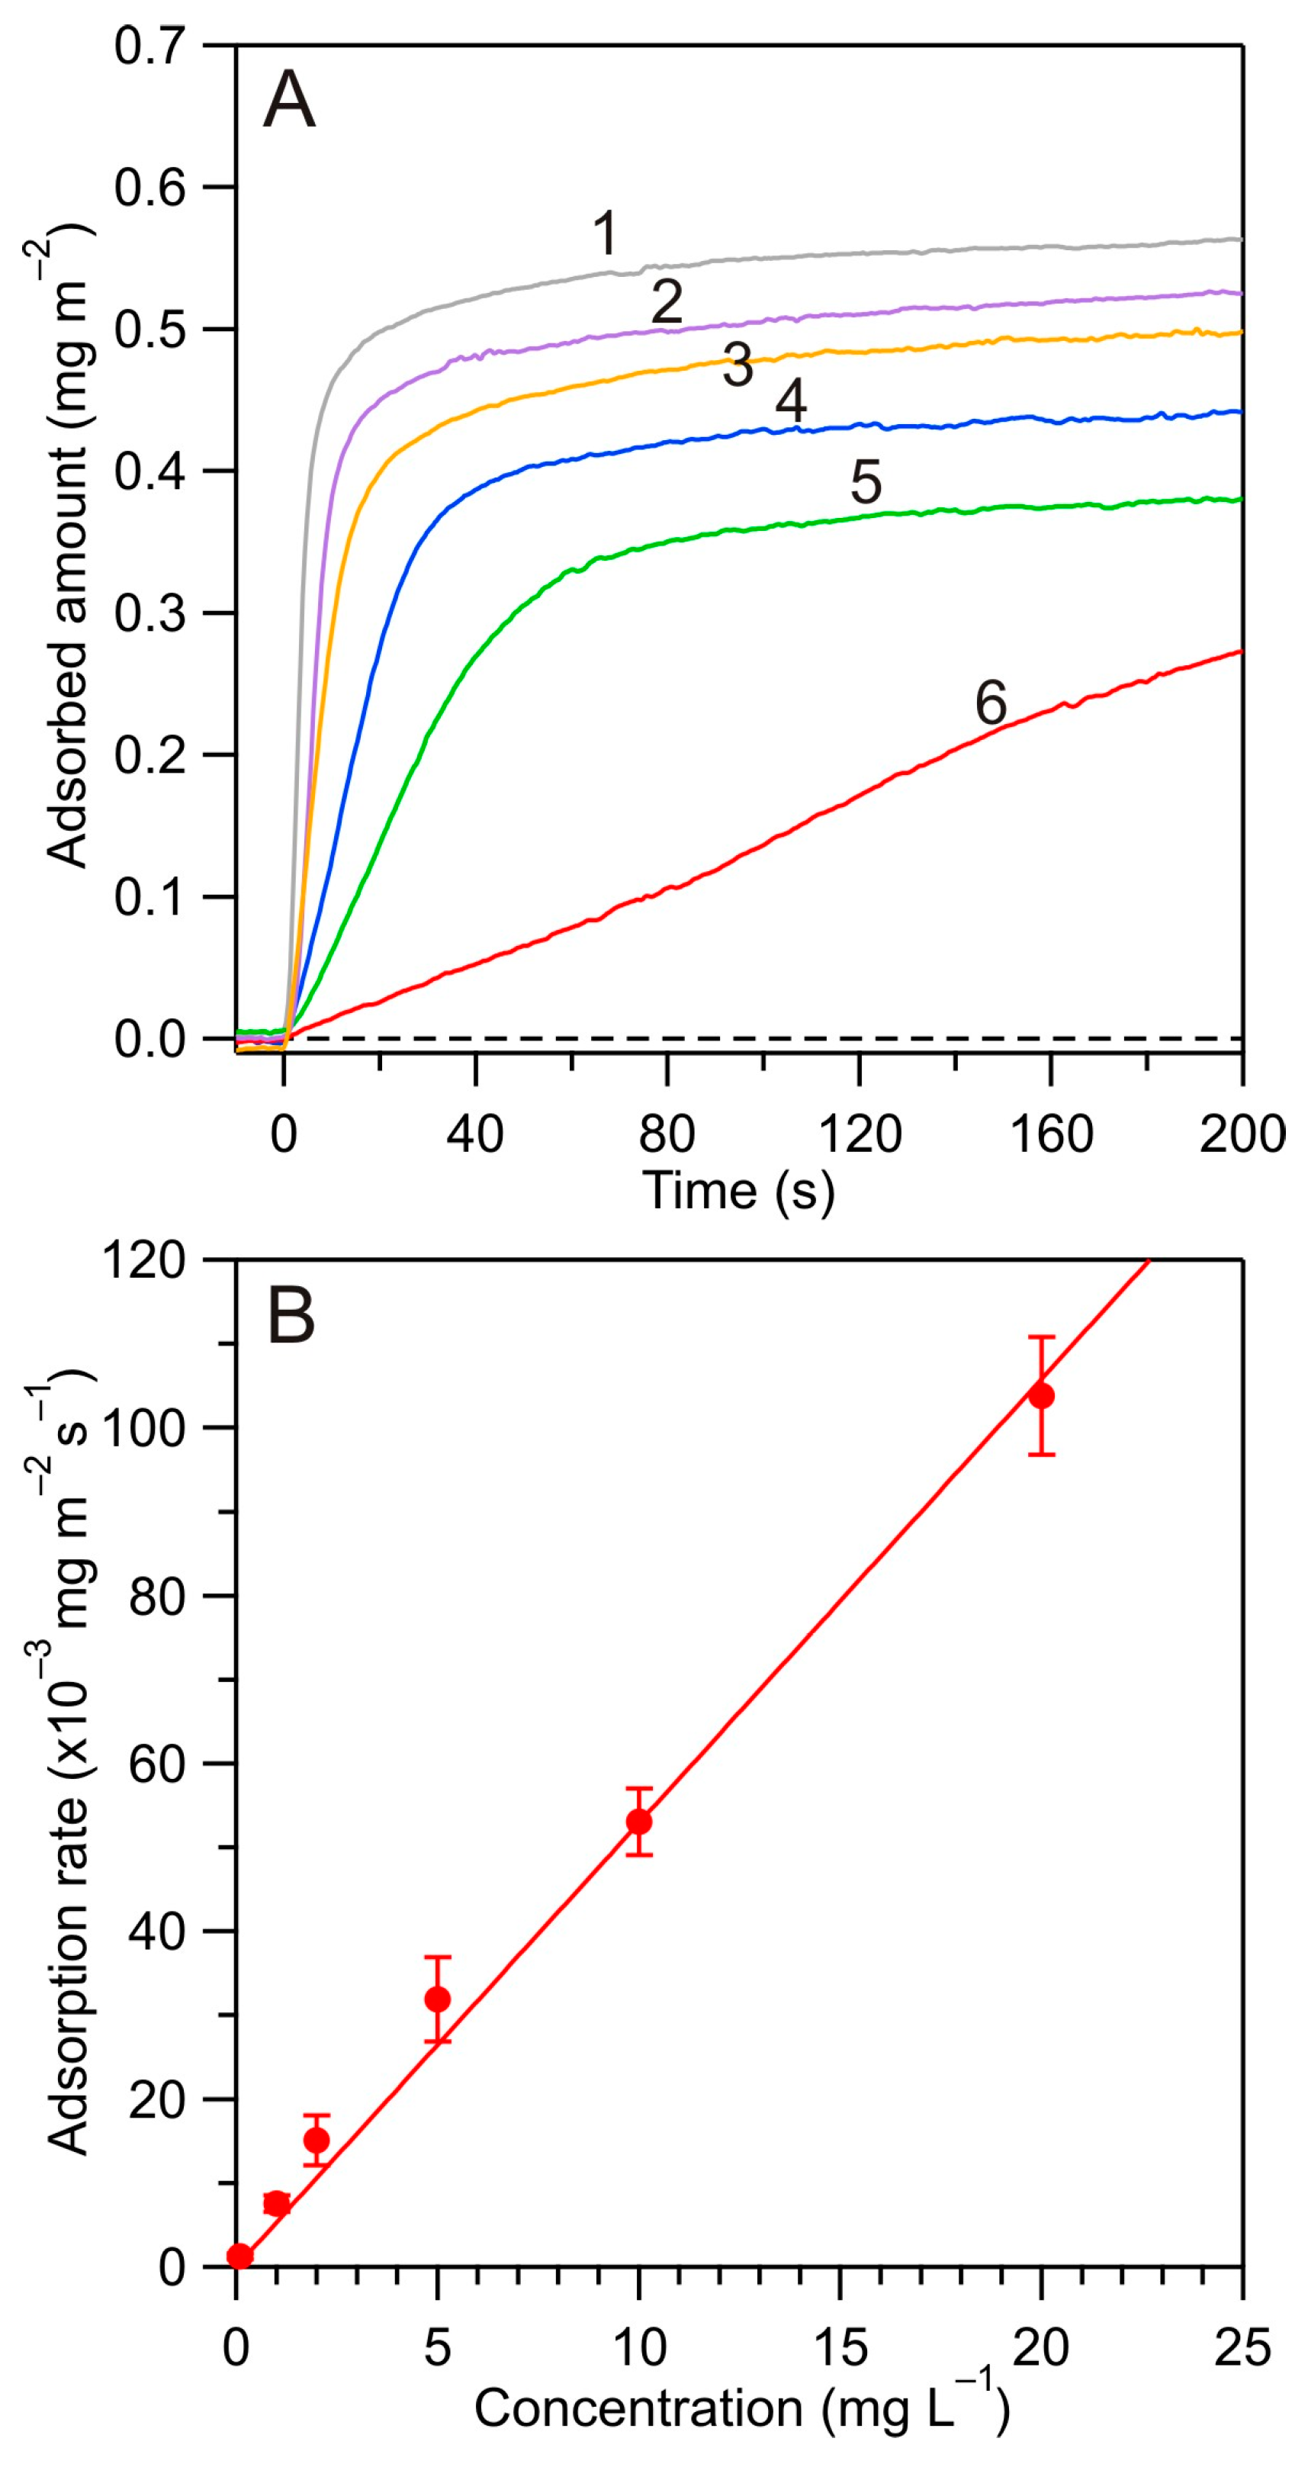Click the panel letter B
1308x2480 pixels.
[x=291, y=1317]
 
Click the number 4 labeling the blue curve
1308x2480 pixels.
[x=791, y=400]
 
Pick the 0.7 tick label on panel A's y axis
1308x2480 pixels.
[x=149, y=47]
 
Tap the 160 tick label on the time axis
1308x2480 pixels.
[x=1050, y=1134]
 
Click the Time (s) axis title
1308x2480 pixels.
[x=738, y=1191]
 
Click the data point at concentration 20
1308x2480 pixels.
[x=1041, y=1396]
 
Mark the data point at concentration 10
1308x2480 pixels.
[x=639, y=1822]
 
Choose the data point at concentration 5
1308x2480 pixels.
[x=438, y=1999]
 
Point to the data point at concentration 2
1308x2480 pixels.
[x=317, y=2141]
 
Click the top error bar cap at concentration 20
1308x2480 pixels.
[x=1041, y=1337]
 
